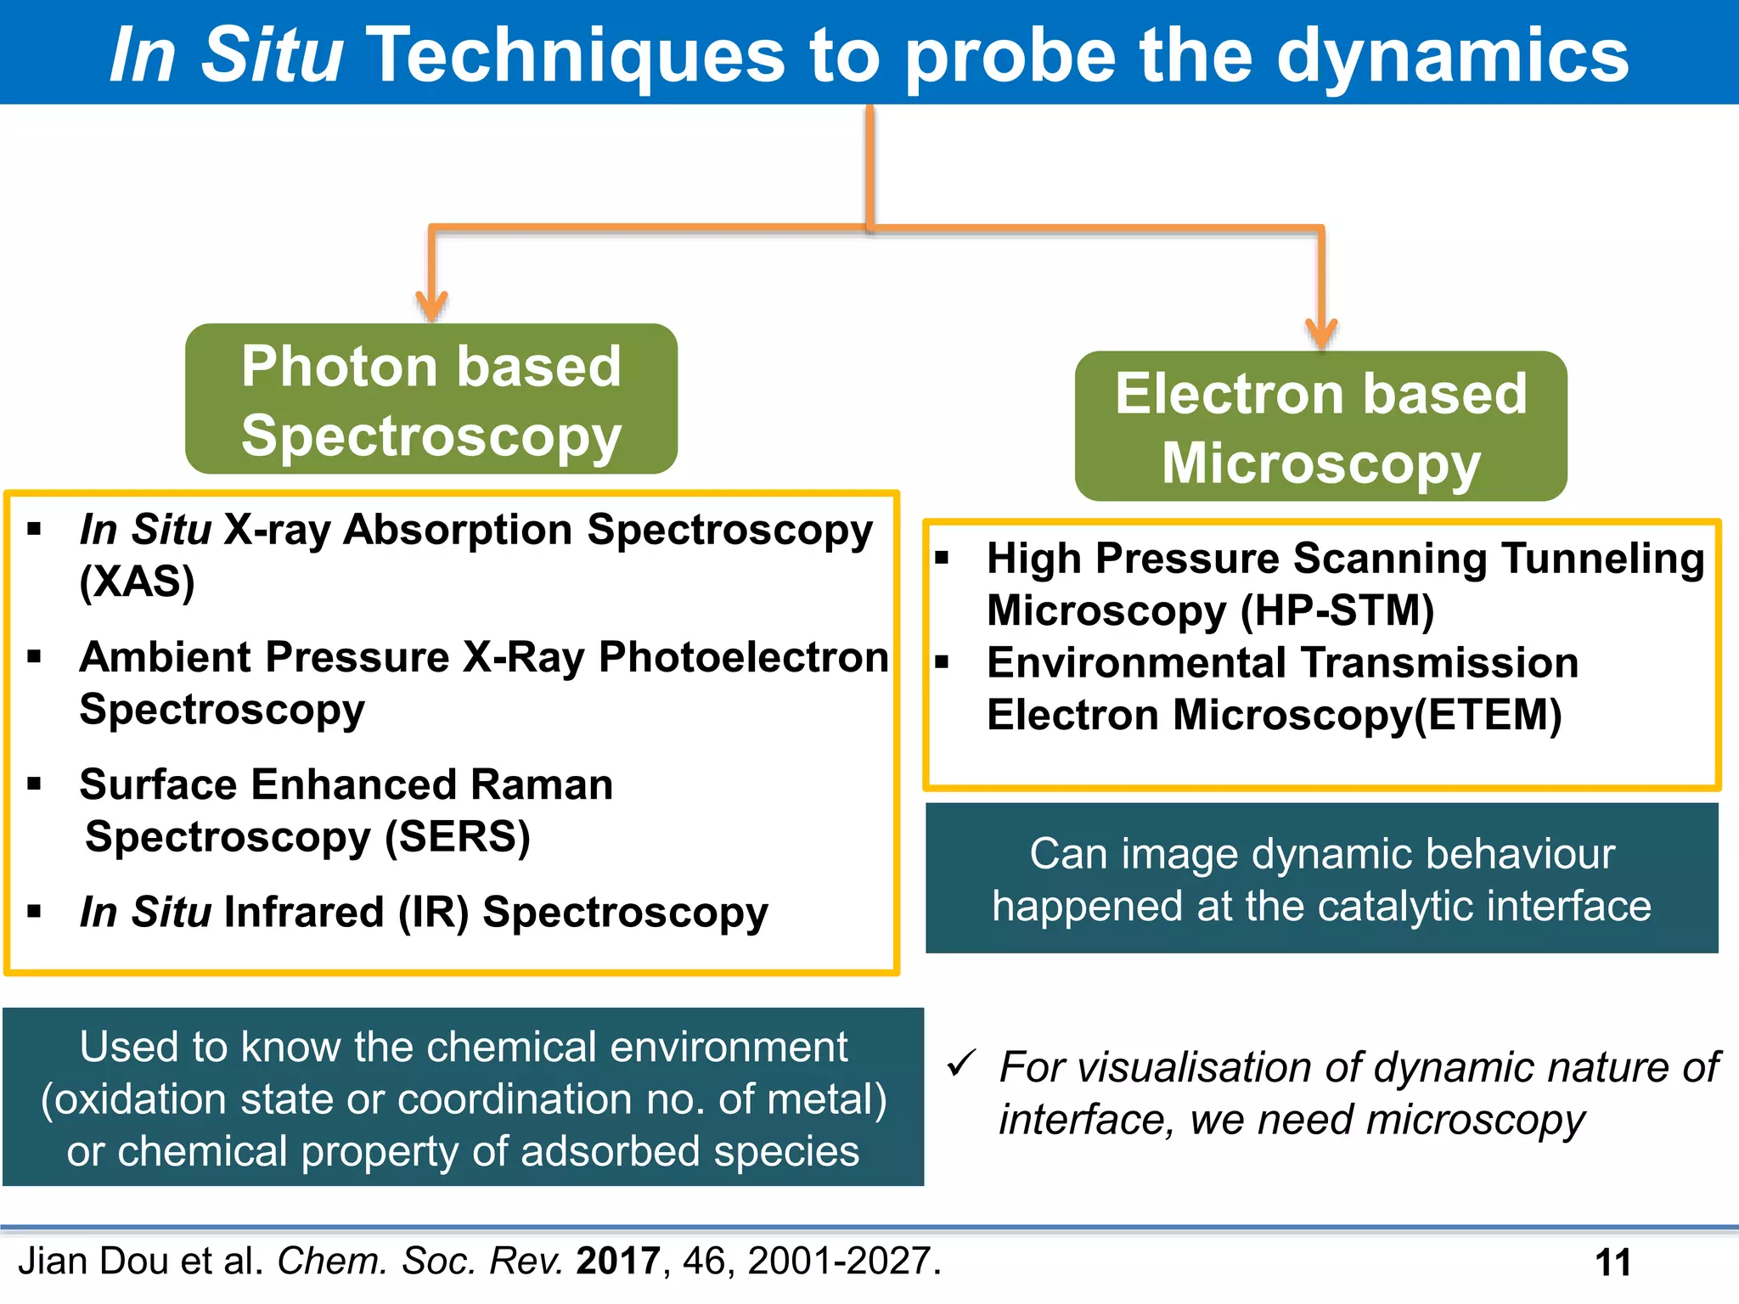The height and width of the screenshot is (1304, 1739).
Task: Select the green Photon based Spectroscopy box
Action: [x=431, y=399]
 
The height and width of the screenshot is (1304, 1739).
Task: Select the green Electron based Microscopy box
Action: [x=1320, y=426]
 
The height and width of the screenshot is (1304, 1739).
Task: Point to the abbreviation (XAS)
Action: [x=137, y=582]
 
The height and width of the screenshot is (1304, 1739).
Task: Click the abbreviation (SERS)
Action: [x=457, y=837]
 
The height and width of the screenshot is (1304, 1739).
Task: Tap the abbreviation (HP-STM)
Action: [x=1337, y=610]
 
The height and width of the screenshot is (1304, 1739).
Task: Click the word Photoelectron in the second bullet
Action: [x=743, y=657]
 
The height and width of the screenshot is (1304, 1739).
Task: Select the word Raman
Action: [x=541, y=784]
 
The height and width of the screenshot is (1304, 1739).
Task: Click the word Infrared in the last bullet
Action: [x=304, y=913]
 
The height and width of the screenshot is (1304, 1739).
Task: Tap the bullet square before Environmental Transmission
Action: [x=941, y=662]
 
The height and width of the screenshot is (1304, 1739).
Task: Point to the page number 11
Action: [x=1612, y=1263]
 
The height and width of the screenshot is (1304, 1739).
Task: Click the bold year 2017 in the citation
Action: [x=617, y=1262]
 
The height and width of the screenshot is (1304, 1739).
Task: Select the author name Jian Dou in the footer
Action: [x=94, y=1262]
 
